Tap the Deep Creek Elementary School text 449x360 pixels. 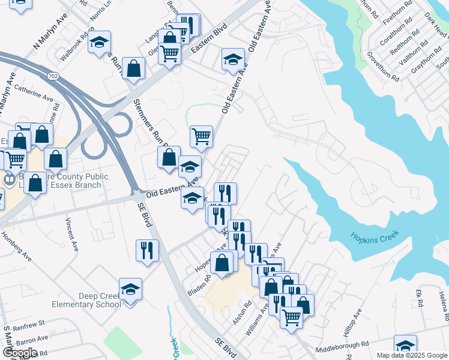100,300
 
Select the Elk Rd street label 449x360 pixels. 419,299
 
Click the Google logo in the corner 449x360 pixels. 20,352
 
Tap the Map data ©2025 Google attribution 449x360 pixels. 411,355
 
